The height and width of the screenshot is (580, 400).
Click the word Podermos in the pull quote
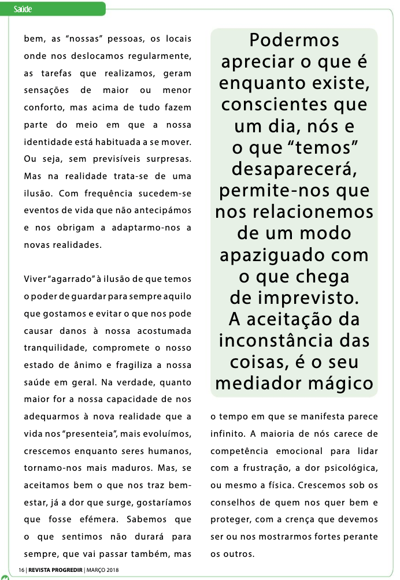coord(294,41)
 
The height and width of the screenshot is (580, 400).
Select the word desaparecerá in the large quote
coord(294,169)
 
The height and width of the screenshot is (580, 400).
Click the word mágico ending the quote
coord(339,383)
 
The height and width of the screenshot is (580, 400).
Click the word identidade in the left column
coord(48,142)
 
